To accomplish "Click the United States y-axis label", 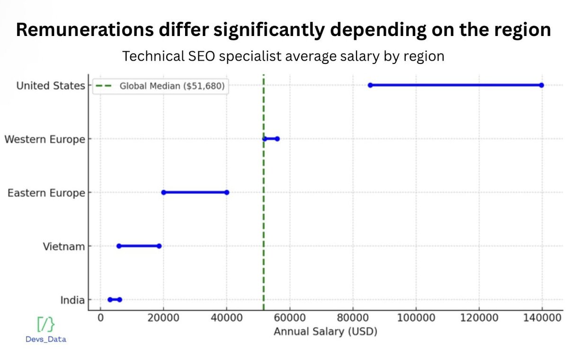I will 51,86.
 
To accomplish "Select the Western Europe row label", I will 44,139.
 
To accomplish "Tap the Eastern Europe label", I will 46,193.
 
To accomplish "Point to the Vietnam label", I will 64,246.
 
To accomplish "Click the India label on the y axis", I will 72,300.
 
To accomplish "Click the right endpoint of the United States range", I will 541,85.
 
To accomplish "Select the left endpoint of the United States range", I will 370,85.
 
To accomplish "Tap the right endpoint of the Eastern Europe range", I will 227,192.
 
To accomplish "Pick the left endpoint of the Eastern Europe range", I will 163,192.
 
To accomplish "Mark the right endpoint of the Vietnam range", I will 159,246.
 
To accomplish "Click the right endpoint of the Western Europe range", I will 277,139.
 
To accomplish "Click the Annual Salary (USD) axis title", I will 325,332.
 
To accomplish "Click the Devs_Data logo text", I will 46,339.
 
